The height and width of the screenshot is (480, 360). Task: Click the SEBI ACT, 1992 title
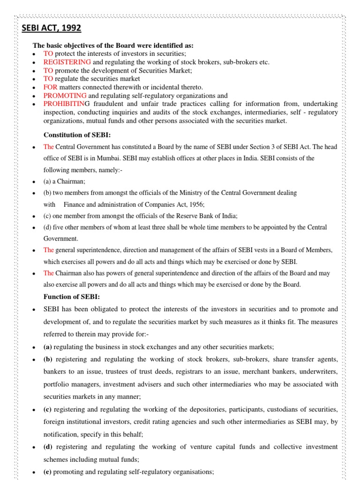tap(52, 29)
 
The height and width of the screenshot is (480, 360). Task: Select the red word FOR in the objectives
tap(51, 87)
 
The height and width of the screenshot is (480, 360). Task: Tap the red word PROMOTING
tap(65, 96)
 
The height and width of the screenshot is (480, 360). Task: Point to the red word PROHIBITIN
tap(63, 104)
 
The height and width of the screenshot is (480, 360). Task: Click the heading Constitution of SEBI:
tap(77, 135)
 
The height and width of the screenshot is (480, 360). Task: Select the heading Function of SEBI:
tap(72, 297)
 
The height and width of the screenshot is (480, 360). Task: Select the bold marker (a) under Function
tap(47, 347)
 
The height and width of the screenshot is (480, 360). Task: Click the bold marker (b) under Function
tap(47, 359)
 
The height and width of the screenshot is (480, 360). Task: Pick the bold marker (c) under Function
tap(47, 409)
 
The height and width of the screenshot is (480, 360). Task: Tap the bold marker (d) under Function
tap(47, 447)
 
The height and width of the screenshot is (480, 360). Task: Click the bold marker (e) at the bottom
tap(47, 472)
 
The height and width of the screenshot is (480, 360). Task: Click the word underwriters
tap(317, 372)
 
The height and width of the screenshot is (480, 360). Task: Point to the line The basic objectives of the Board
tap(112, 45)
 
